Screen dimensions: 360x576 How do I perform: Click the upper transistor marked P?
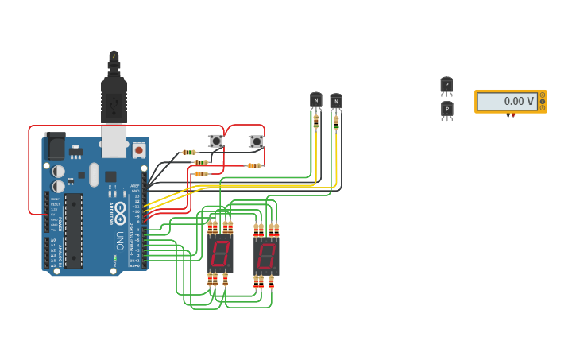click(x=446, y=85)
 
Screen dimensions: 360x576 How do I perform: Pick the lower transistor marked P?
click(x=447, y=109)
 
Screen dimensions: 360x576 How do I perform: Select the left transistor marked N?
click(x=316, y=100)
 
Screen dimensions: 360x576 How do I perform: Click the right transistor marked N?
click(x=336, y=101)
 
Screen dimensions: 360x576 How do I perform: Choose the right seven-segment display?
click(x=266, y=257)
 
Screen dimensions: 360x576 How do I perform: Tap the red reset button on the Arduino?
click(x=139, y=149)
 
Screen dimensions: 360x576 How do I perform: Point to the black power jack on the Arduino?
click(x=55, y=145)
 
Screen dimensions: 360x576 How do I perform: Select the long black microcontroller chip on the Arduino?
click(x=74, y=225)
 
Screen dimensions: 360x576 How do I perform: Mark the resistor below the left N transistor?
click(x=315, y=121)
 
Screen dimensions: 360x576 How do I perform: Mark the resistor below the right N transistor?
click(x=336, y=123)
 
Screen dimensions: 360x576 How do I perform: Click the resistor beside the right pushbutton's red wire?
click(x=253, y=165)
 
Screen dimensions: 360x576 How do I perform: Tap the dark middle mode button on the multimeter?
click(x=543, y=101)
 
